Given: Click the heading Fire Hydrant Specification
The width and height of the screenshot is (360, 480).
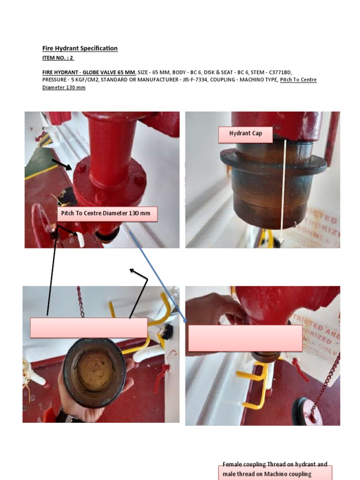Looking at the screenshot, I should (x=80, y=48).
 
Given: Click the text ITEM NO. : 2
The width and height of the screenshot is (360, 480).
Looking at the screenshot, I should (x=58, y=58).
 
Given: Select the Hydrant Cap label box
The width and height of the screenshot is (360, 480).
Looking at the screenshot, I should (x=246, y=134).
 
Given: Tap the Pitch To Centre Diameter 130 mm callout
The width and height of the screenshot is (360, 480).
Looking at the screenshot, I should (x=106, y=214).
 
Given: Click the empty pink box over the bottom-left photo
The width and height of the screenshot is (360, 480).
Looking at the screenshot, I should (x=89, y=327).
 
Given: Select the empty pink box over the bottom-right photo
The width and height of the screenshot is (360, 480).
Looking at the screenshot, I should (x=245, y=338).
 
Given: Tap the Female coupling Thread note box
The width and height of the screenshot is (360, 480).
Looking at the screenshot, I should (x=275, y=470).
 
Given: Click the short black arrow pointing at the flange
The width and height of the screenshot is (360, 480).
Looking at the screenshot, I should (x=61, y=165).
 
